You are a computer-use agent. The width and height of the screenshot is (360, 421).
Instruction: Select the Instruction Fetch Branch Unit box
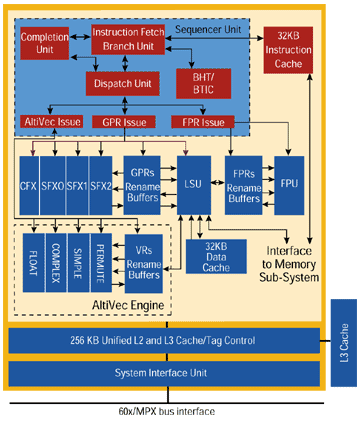pos(129,39)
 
